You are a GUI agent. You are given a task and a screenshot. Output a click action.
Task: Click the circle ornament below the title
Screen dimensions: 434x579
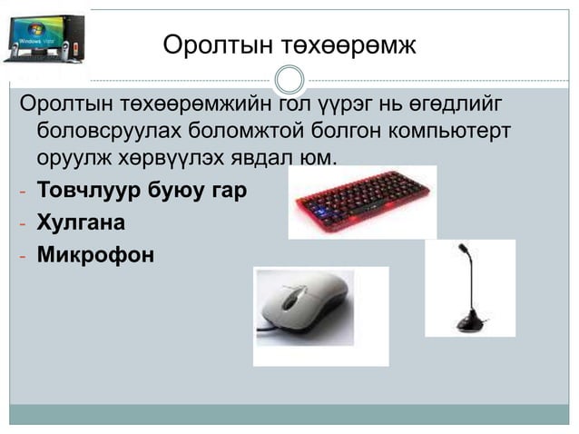289,79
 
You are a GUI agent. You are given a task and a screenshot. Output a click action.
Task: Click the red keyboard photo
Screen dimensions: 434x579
363,201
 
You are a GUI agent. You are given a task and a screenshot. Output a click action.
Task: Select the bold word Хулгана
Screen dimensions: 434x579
81,223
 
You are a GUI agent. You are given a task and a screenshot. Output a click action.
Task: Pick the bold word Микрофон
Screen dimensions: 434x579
95,255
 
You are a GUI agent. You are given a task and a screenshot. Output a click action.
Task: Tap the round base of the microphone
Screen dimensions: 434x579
472,320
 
